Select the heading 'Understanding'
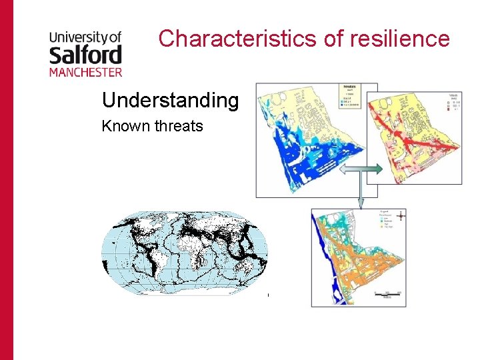[x=170, y=101]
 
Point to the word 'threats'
[x=178, y=126]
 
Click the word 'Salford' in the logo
[x=85, y=54]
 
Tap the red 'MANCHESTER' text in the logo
[x=85, y=71]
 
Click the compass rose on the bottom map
[x=400, y=216]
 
